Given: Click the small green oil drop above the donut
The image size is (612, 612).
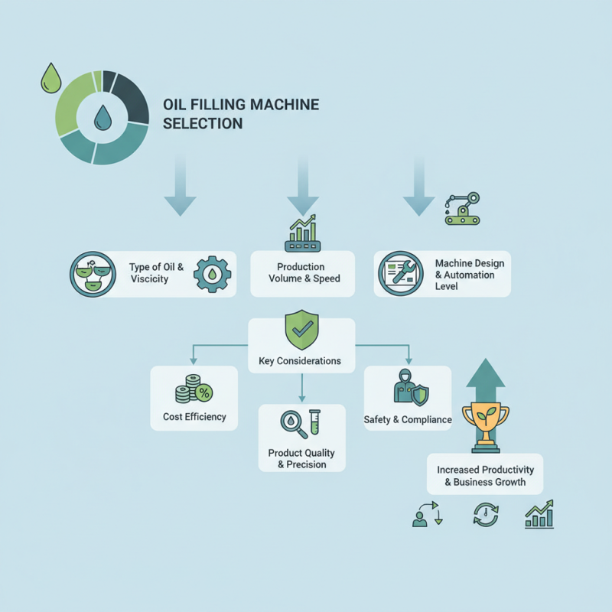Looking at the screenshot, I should (x=51, y=78).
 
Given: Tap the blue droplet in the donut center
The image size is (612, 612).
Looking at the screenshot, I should (x=102, y=117).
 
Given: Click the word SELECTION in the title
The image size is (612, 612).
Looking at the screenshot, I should (x=203, y=123).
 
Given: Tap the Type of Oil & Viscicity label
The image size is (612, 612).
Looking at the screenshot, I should (x=156, y=273).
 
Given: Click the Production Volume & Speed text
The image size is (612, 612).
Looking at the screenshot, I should (x=304, y=273).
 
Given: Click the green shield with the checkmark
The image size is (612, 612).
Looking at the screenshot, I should (x=300, y=330).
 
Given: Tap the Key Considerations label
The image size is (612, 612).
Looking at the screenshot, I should (x=301, y=360).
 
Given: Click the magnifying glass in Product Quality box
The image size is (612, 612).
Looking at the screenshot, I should (x=291, y=425).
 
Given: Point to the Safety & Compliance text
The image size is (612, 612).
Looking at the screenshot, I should (x=408, y=419).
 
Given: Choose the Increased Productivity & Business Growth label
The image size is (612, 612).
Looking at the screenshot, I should (x=485, y=475).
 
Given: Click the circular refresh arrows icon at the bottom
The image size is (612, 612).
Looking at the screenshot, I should (x=485, y=515).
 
